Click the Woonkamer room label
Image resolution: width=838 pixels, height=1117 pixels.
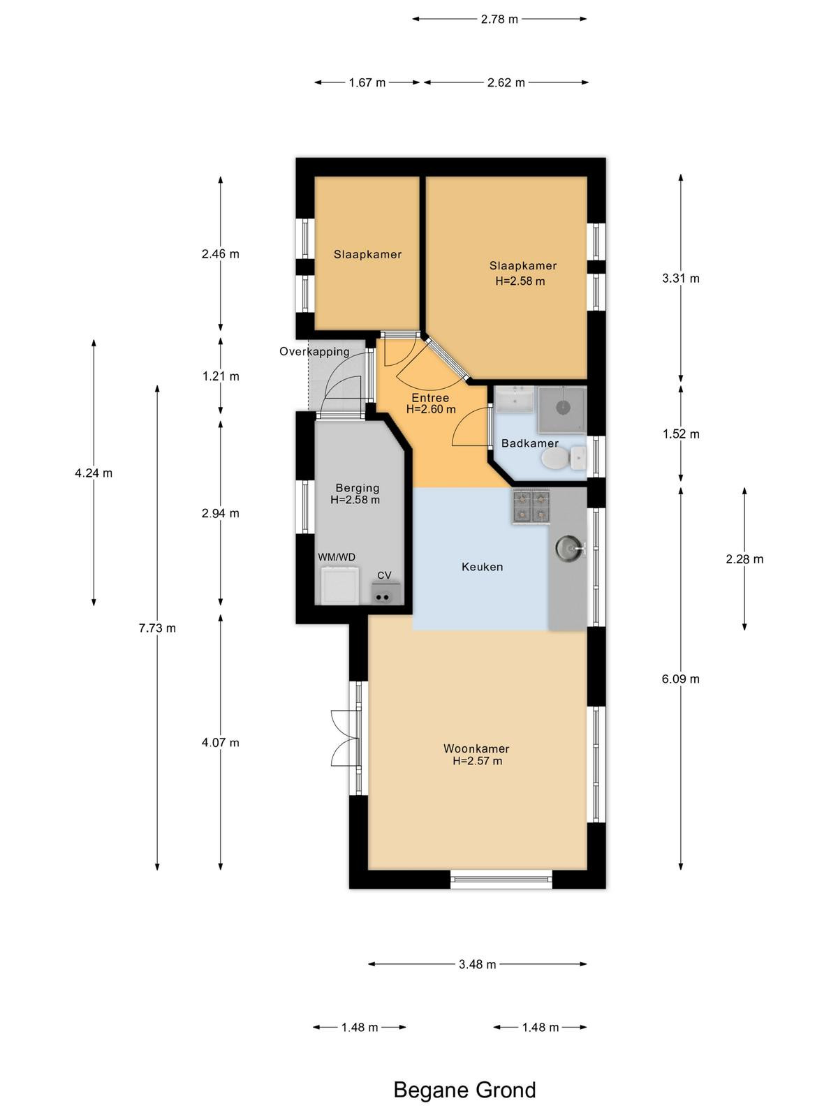click(476, 748)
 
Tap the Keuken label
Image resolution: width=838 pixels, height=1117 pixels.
click(483, 566)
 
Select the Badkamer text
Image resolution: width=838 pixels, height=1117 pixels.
click(529, 443)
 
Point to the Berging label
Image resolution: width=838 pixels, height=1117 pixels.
click(357, 487)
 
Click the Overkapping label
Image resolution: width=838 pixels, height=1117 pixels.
click(314, 351)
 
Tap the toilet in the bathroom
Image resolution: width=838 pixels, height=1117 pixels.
click(564, 459)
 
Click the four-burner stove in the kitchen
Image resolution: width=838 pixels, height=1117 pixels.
click(531, 506)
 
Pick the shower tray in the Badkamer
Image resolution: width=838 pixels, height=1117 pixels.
click(562, 409)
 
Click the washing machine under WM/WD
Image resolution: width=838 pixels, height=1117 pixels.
click(339, 585)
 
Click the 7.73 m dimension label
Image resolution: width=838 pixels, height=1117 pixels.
click(157, 628)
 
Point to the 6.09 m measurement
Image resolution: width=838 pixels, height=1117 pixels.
click(680, 679)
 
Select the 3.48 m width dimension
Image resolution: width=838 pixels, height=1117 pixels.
click(477, 964)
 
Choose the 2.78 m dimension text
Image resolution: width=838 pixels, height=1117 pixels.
click(499, 20)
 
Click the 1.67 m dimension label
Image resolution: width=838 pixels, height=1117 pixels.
click(367, 82)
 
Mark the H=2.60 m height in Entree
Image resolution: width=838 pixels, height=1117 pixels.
click(431, 408)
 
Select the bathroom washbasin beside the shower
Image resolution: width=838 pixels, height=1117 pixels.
click(515, 399)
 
